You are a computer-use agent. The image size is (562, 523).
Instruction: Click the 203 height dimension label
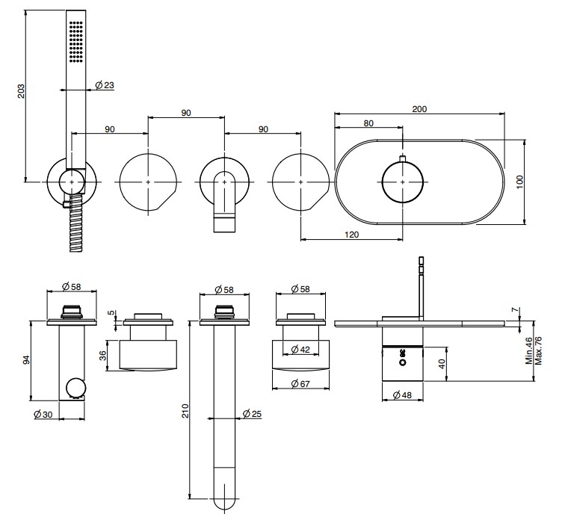pos(22,90)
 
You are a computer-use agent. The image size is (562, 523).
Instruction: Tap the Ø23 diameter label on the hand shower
pos(105,87)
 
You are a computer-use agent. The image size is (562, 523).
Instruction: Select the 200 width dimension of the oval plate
pos(419,109)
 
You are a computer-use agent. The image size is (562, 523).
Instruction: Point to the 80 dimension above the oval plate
pos(368,124)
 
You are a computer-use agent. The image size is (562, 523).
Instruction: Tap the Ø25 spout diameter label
pos(252,413)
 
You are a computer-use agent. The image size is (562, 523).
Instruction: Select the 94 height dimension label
pos(25,360)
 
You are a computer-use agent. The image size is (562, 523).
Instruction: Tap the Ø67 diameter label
pos(299,384)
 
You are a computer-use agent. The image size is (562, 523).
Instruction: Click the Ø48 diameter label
pos(403,397)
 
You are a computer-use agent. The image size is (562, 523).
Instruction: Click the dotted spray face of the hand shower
pos(75,42)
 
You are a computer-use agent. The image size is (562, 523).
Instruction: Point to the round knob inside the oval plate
pos(402,181)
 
